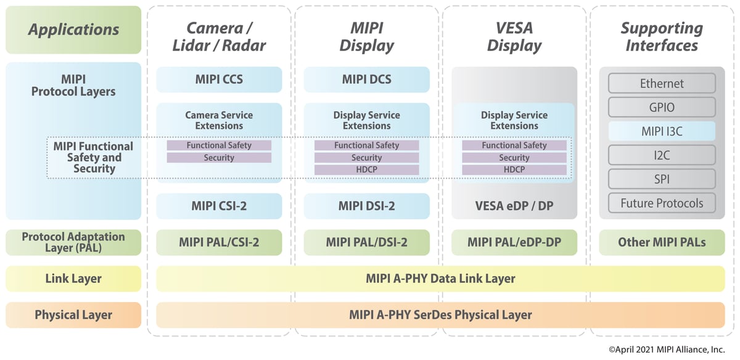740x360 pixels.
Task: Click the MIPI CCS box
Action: point(219,80)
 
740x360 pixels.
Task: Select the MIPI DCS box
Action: point(366,80)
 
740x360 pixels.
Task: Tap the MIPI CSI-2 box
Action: point(219,207)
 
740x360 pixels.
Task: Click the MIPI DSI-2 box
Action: point(366,207)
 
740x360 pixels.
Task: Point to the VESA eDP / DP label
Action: point(514,207)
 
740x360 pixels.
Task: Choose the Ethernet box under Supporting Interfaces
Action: point(662,83)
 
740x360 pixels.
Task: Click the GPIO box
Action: point(662,107)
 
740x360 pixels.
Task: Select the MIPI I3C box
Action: point(662,131)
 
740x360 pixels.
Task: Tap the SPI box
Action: point(662,179)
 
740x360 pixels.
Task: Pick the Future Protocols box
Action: point(662,203)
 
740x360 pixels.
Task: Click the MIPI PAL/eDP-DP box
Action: point(514,242)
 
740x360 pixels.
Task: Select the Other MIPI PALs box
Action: point(662,242)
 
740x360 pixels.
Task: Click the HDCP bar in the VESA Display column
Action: point(514,170)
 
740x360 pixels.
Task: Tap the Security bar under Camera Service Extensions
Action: point(219,158)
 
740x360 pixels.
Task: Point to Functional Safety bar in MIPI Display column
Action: point(366,145)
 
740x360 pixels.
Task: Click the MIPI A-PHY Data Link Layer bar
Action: point(440,279)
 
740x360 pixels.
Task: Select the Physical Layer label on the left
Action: point(73,315)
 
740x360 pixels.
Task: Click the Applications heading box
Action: point(73,30)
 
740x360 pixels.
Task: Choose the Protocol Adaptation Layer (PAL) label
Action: point(73,242)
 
